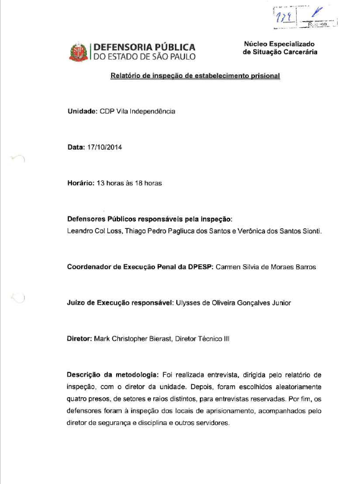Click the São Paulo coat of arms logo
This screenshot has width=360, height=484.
(x=79, y=52)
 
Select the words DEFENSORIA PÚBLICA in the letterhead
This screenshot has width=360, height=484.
(x=144, y=47)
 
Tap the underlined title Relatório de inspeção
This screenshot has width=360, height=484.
(x=195, y=76)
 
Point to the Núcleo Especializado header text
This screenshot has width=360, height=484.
(x=280, y=44)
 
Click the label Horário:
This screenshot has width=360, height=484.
(x=83, y=184)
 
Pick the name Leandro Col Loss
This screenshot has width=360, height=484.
(x=91, y=231)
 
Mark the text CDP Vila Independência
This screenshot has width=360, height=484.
(x=137, y=112)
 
